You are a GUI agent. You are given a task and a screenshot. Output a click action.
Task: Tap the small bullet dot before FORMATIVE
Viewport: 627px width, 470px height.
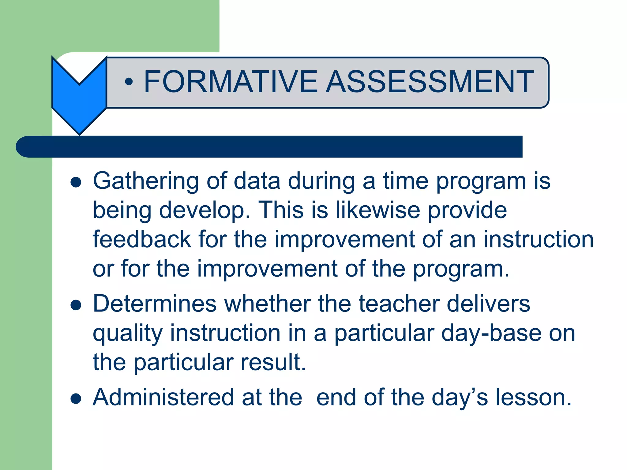tap(129, 82)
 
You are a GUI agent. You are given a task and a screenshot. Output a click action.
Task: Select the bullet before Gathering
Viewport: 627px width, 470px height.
tap(76, 183)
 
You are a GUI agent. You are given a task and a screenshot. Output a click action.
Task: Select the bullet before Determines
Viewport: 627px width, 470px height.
tap(76, 305)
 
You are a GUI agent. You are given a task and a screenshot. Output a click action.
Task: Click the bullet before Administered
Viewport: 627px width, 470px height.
tap(76, 399)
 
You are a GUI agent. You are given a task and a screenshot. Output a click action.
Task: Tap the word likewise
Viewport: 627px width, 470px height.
tap(378, 210)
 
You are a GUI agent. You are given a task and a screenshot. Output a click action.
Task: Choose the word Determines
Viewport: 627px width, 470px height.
tap(155, 304)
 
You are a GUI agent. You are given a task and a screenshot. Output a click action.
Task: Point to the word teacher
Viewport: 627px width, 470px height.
tap(399, 304)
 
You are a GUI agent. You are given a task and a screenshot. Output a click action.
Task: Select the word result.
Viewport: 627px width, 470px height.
tap(273, 363)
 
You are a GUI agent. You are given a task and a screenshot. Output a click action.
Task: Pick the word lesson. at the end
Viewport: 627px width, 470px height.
tap(533, 397)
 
